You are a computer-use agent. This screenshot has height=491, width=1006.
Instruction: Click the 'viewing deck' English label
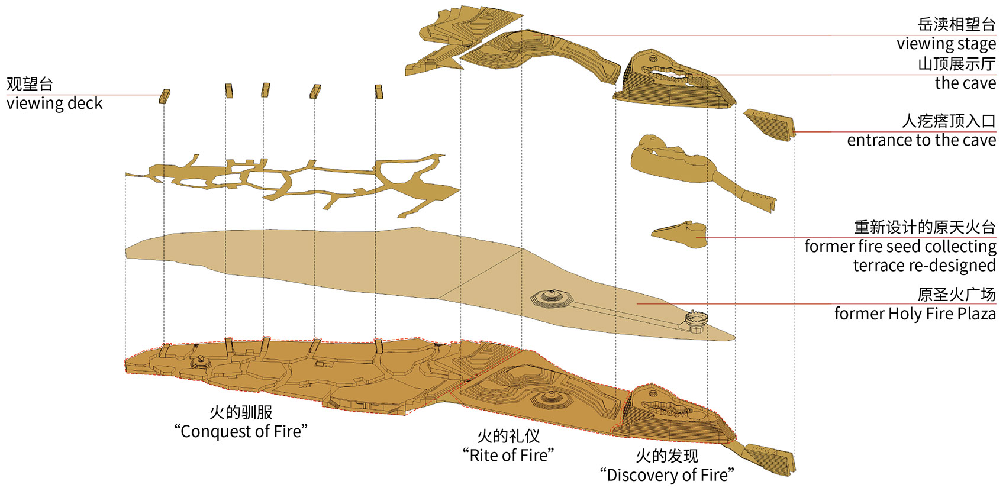(x=54, y=104)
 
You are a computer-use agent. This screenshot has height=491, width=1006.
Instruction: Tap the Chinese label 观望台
(x=30, y=84)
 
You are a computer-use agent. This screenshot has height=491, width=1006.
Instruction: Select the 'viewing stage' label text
(x=946, y=44)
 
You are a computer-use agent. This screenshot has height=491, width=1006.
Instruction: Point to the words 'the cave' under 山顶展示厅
(x=965, y=83)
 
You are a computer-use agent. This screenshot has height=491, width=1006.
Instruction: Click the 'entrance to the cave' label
(x=921, y=140)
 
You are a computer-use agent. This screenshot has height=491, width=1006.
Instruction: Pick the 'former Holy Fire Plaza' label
(x=915, y=314)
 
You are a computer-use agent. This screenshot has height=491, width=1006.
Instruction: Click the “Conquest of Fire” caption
(x=241, y=431)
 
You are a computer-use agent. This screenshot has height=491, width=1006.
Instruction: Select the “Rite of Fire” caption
(x=508, y=455)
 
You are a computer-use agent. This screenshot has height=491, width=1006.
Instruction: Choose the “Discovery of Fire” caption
(x=667, y=475)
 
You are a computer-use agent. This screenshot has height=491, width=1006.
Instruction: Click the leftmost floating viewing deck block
(x=165, y=96)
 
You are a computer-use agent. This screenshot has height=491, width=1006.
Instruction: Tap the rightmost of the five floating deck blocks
(x=379, y=91)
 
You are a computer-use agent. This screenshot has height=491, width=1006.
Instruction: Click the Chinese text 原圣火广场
(x=956, y=294)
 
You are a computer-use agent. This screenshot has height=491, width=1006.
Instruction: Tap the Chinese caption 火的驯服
(x=241, y=412)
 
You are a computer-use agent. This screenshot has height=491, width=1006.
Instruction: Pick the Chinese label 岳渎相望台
(x=956, y=25)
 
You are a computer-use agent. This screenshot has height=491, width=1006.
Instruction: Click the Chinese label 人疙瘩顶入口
(x=949, y=121)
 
